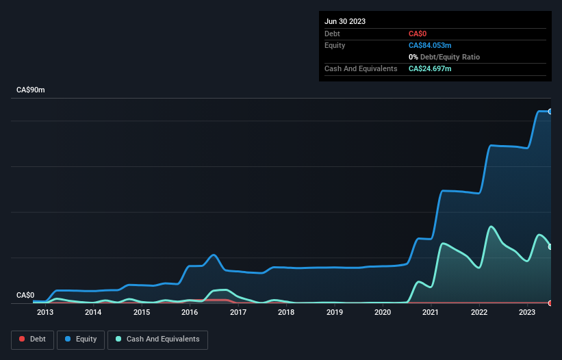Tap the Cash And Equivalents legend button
157,339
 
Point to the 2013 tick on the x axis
45,313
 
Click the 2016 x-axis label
190,313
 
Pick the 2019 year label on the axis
335,313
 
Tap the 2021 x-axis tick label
431,313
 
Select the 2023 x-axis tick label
527,313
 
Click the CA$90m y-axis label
30,90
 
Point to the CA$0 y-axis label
25,295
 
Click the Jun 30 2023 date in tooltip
345,21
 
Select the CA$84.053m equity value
430,45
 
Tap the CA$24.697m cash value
430,68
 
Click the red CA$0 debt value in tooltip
419,34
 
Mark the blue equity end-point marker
550,111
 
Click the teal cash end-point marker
550,246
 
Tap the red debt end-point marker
550,303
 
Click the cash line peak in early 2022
490,227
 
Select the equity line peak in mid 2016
214,255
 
